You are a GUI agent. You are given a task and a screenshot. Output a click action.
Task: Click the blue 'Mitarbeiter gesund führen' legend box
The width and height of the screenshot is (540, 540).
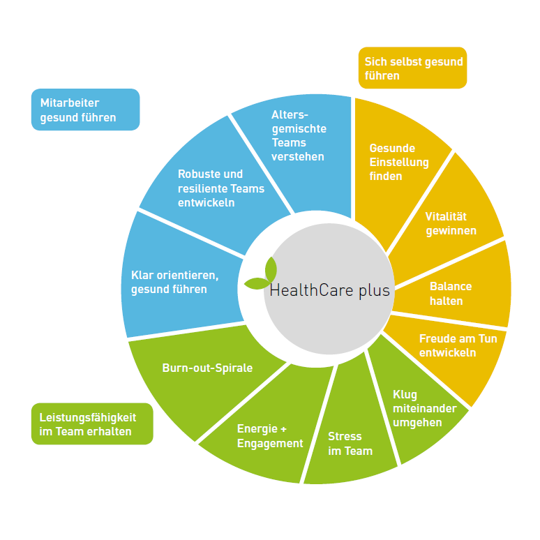(x=85, y=110)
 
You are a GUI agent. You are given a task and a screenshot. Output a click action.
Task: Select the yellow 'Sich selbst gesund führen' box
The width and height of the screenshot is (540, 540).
(x=412, y=68)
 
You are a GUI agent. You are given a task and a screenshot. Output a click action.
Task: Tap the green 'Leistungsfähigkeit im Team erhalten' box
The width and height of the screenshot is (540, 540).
(x=92, y=424)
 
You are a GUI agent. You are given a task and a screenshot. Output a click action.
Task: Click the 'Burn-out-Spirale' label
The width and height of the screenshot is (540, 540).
(x=207, y=368)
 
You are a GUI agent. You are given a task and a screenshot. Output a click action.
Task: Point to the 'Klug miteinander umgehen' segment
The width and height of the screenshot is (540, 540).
(x=417, y=406)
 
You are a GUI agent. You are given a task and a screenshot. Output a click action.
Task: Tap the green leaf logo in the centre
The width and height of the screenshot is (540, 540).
(x=261, y=273)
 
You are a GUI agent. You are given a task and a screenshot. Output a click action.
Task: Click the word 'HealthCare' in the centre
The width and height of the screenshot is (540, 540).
(x=311, y=290)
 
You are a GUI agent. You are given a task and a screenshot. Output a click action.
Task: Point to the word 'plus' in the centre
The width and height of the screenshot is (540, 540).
(x=375, y=291)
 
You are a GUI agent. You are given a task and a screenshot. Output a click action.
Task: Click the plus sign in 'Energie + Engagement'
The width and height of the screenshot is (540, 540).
(x=283, y=429)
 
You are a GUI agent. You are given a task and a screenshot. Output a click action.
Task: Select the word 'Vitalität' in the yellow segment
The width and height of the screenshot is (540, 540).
(x=446, y=216)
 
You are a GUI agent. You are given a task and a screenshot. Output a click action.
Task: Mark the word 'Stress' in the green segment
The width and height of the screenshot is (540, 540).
(x=345, y=436)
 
